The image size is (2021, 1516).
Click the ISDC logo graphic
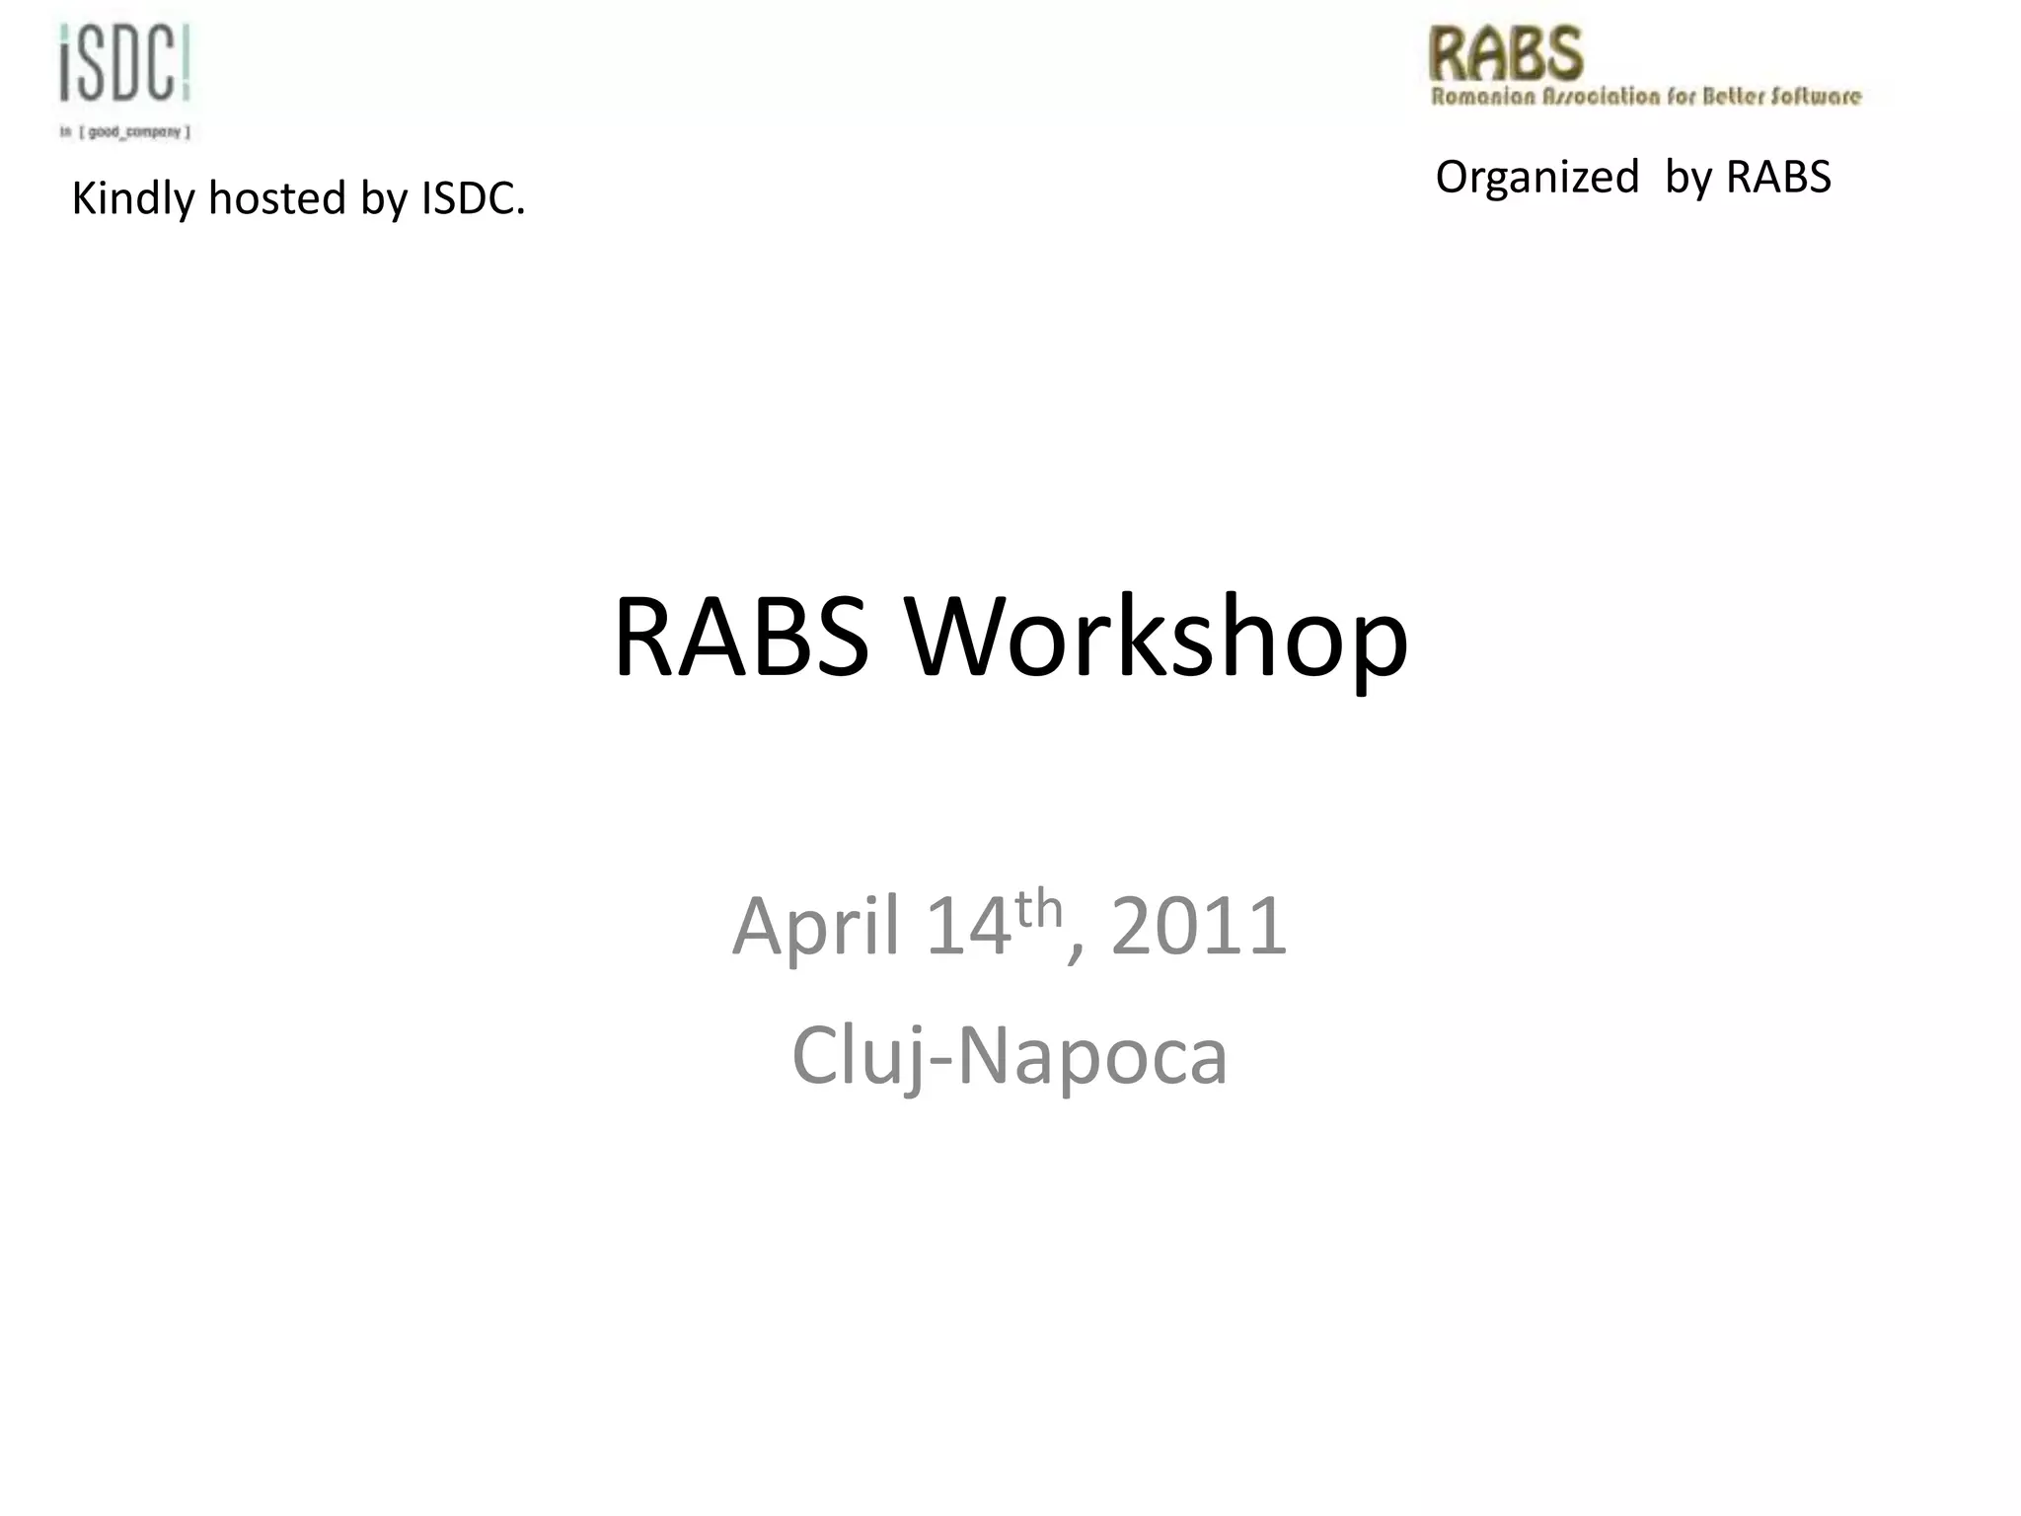124,63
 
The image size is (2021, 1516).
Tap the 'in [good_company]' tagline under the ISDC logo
124,131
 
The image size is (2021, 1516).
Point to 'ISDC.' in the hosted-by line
474,198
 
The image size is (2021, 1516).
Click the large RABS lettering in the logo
1506,54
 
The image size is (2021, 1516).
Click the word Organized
1536,179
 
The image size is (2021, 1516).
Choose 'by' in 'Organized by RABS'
1688,179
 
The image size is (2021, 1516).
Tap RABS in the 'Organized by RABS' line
1778,178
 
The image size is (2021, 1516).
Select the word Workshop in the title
1157,640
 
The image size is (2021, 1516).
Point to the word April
815,926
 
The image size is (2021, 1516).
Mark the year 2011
1199,926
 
